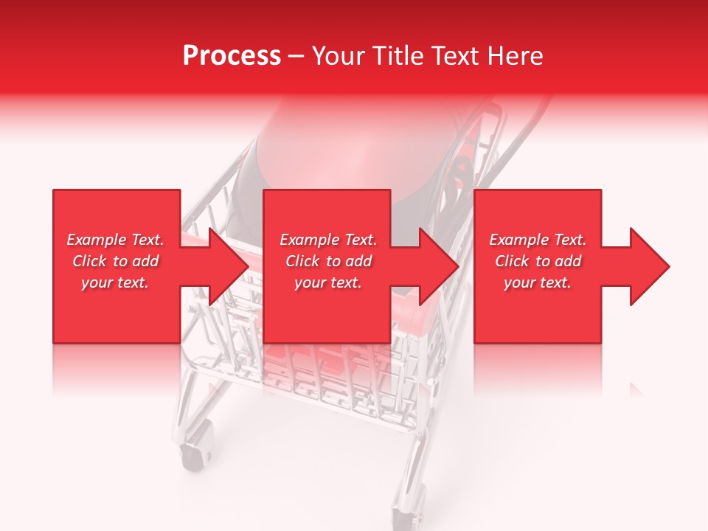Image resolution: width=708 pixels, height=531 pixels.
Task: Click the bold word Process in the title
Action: pyautogui.click(x=232, y=56)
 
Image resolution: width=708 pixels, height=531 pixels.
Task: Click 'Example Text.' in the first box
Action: pyautogui.click(x=115, y=240)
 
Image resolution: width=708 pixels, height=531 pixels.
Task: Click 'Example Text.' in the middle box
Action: pyautogui.click(x=328, y=240)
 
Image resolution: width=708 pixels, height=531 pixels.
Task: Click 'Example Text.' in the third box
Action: pyautogui.click(x=538, y=240)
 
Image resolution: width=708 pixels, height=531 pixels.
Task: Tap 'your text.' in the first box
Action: pyautogui.click(x=115, y=282)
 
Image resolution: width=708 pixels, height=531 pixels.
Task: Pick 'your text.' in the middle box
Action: pyautogui.click(x=328, y=282)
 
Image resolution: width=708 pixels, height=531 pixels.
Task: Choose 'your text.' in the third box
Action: pyautogui.click(x=538, y=282)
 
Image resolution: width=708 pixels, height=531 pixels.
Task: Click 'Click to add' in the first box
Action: pyautogui.click(x=115, y=261)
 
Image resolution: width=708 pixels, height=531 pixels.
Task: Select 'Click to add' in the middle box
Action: pyautogui.click(x=328, y=261)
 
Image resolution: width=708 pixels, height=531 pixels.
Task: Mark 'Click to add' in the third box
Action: pyautogui.click(x=538, y=261)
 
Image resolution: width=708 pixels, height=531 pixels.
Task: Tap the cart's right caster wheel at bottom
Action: pyautogui.click(x=403, y=509)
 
